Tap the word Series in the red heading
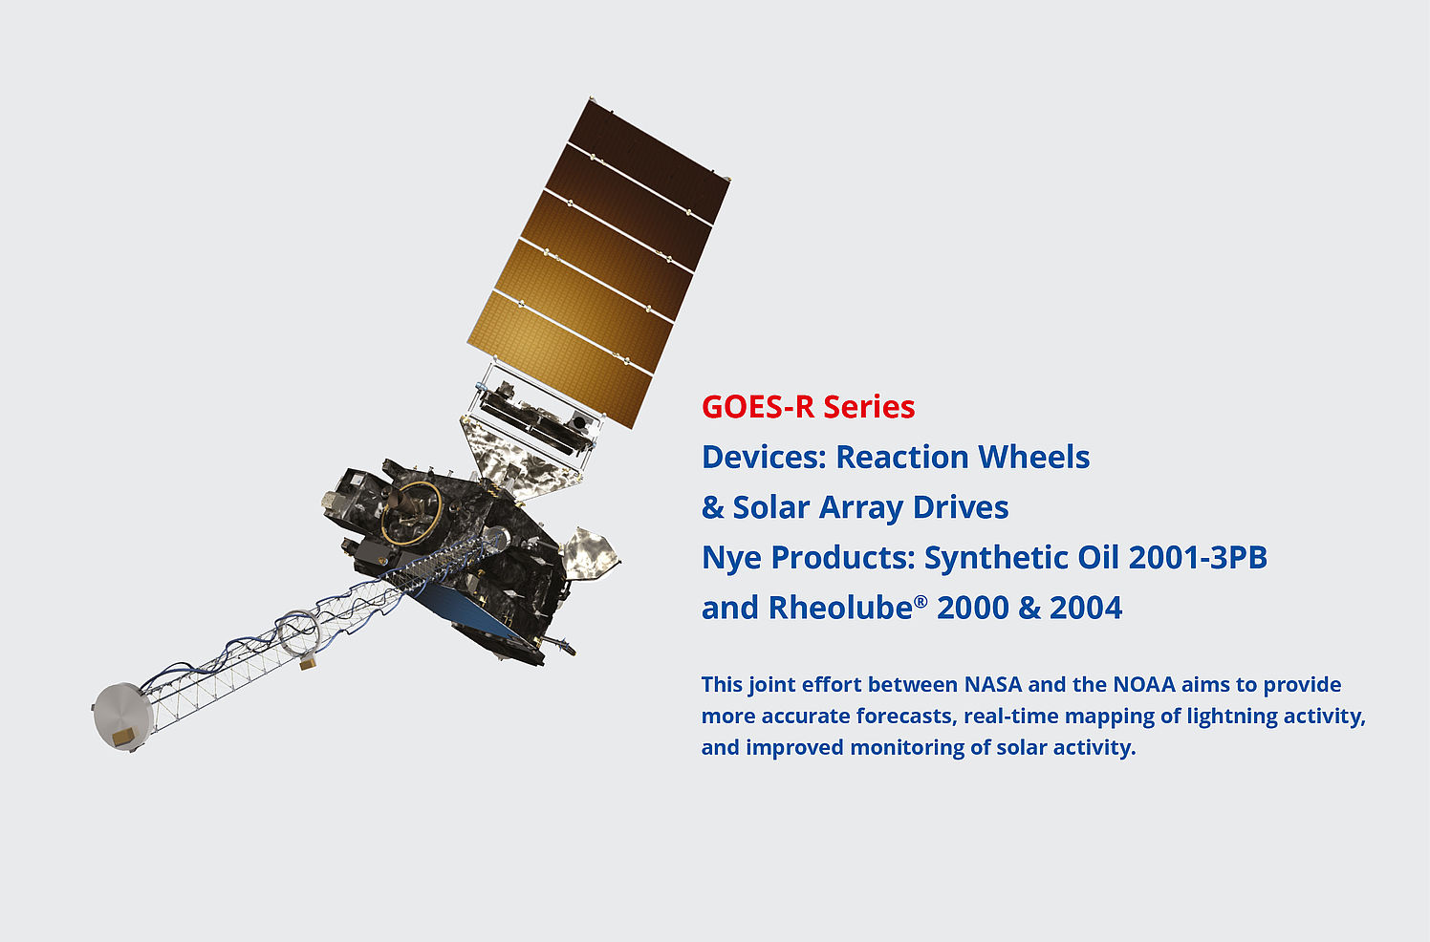tap(869, 407)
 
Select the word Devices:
tap(764, 457)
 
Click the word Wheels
tap(1033, 457)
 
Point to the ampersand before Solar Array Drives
tap(713, 507)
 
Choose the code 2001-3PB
tap(1198, 557)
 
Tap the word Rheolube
tap(840, 608)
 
